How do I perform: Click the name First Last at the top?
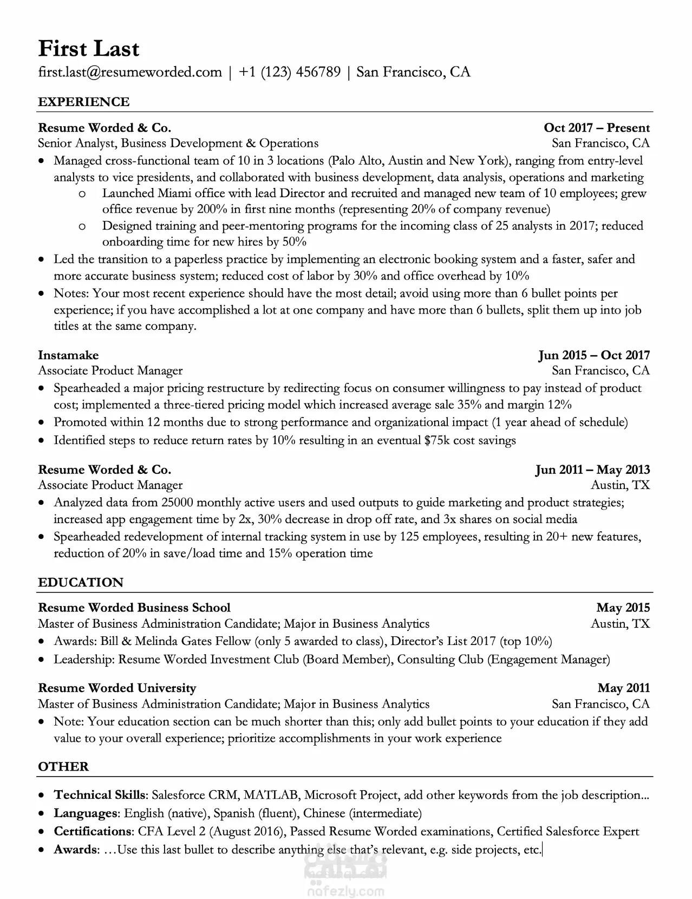tap(89, 49)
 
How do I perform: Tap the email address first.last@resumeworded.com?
tap(130, 72)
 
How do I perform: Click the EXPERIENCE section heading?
tap(84, 102)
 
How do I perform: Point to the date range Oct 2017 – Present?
tap(596, 128)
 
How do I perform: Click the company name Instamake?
tap(68, 355)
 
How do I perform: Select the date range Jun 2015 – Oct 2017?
tap(594, 355)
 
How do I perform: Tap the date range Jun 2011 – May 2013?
tap(592, 470)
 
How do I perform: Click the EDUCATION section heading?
tap(81, 582)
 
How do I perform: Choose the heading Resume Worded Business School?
tap(134, 608)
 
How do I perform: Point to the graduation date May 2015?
tap(623, 608)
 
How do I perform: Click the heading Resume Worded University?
tap(117, 688)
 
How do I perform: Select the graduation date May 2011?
tap(623, 688)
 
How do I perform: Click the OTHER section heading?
tap(63, 766)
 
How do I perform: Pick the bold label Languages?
tap(86, 813)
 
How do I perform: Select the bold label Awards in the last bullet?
tap(75, 850)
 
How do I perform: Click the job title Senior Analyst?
tap(76, 144)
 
